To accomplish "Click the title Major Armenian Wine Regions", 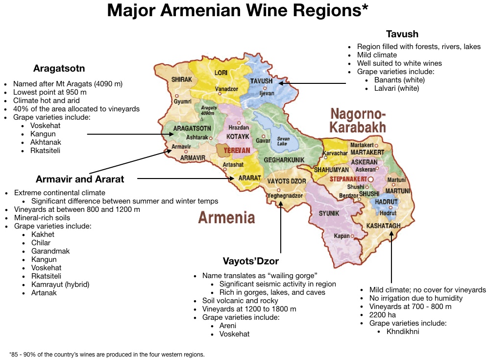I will tap(238, 11).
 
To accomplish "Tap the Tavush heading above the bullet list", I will tap(402, 34).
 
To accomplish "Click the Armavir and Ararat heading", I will tap(80, 179).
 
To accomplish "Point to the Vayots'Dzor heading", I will tap(251, 261).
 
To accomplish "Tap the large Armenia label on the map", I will tap(226, 217).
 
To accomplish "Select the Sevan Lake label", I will tap(283, 141).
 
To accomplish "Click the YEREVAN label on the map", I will tap(237, 151).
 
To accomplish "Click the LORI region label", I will tap(221, 73).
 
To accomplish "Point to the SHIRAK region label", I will tap(181, 79).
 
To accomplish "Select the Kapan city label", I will tap(342, 236).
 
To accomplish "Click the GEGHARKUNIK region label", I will tap(284, 160).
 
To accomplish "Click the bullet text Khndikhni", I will tap(403, 332).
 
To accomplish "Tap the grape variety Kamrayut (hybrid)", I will tap(60, 284).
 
